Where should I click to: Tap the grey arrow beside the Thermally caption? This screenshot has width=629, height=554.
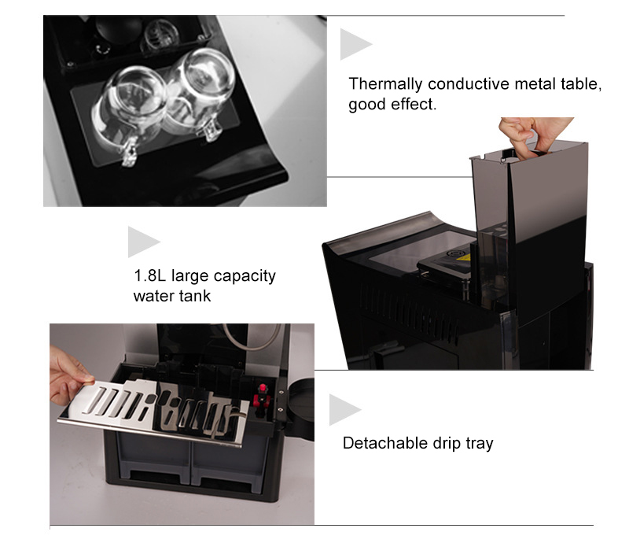(354, 45)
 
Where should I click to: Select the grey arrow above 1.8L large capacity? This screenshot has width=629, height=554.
(142, 242)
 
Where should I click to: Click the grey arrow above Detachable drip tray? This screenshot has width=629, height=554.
(343, 410)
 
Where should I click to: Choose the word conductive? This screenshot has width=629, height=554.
(457, 84)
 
